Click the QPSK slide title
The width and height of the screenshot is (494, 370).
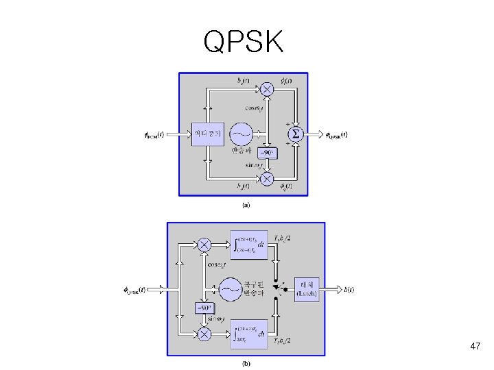click(244, 43)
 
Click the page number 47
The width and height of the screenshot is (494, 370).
click(475, 347)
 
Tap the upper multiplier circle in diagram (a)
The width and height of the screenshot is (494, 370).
click(267, 90)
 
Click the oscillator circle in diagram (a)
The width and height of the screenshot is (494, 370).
click(240, 133)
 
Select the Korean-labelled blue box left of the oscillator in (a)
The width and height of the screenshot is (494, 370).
click(207, 134)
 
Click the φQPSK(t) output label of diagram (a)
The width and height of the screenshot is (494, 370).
click(336, 134)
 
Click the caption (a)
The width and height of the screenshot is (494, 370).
click(245, 204)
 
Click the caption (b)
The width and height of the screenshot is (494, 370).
click(246, 363)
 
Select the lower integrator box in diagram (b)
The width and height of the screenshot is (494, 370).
click(248, 334)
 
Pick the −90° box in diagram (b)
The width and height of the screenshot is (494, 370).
click(204, 307)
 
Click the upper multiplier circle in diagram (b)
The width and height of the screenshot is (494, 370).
click(204, 244)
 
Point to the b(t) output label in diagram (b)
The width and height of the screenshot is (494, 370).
click(349, 290)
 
